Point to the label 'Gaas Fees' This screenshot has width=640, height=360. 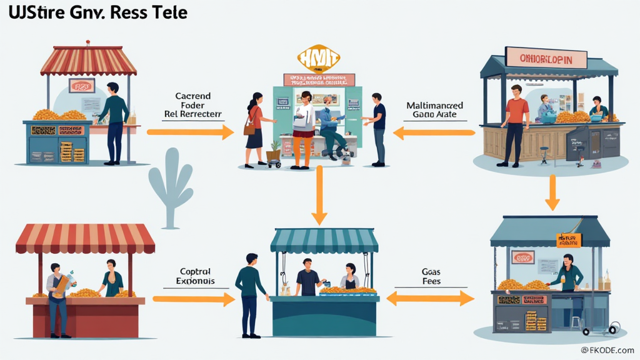[431, 276]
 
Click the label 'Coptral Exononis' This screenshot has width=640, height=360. [196, 276]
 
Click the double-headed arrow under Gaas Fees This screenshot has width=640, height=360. [431, 299]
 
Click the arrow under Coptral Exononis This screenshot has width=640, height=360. [193, 299]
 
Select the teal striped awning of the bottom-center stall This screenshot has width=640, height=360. [324, 240]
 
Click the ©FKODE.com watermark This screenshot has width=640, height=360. [607, 351]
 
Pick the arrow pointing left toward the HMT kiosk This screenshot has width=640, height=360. [434, 132]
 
